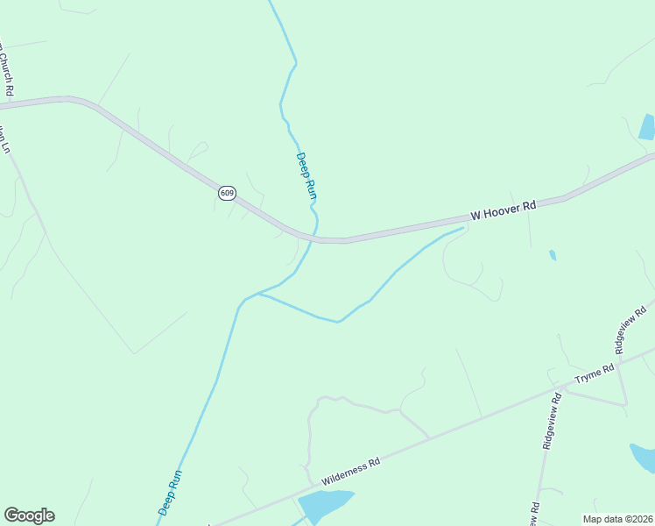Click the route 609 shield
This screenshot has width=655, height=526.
coord(227,193)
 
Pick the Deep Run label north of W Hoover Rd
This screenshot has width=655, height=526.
coord(305,175)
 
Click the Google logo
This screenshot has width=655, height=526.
coord(29,515)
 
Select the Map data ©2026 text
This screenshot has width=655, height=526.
coord(617,519)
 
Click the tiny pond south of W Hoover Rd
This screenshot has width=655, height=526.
coord(552,255)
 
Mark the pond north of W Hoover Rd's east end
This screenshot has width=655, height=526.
coord(647,128)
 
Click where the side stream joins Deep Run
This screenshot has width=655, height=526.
coord(258,294)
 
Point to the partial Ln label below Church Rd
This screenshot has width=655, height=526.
coord(4,140)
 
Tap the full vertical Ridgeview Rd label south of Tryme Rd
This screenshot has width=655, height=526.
coord(552,421)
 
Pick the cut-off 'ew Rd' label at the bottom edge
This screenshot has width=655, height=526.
coord(533,513)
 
